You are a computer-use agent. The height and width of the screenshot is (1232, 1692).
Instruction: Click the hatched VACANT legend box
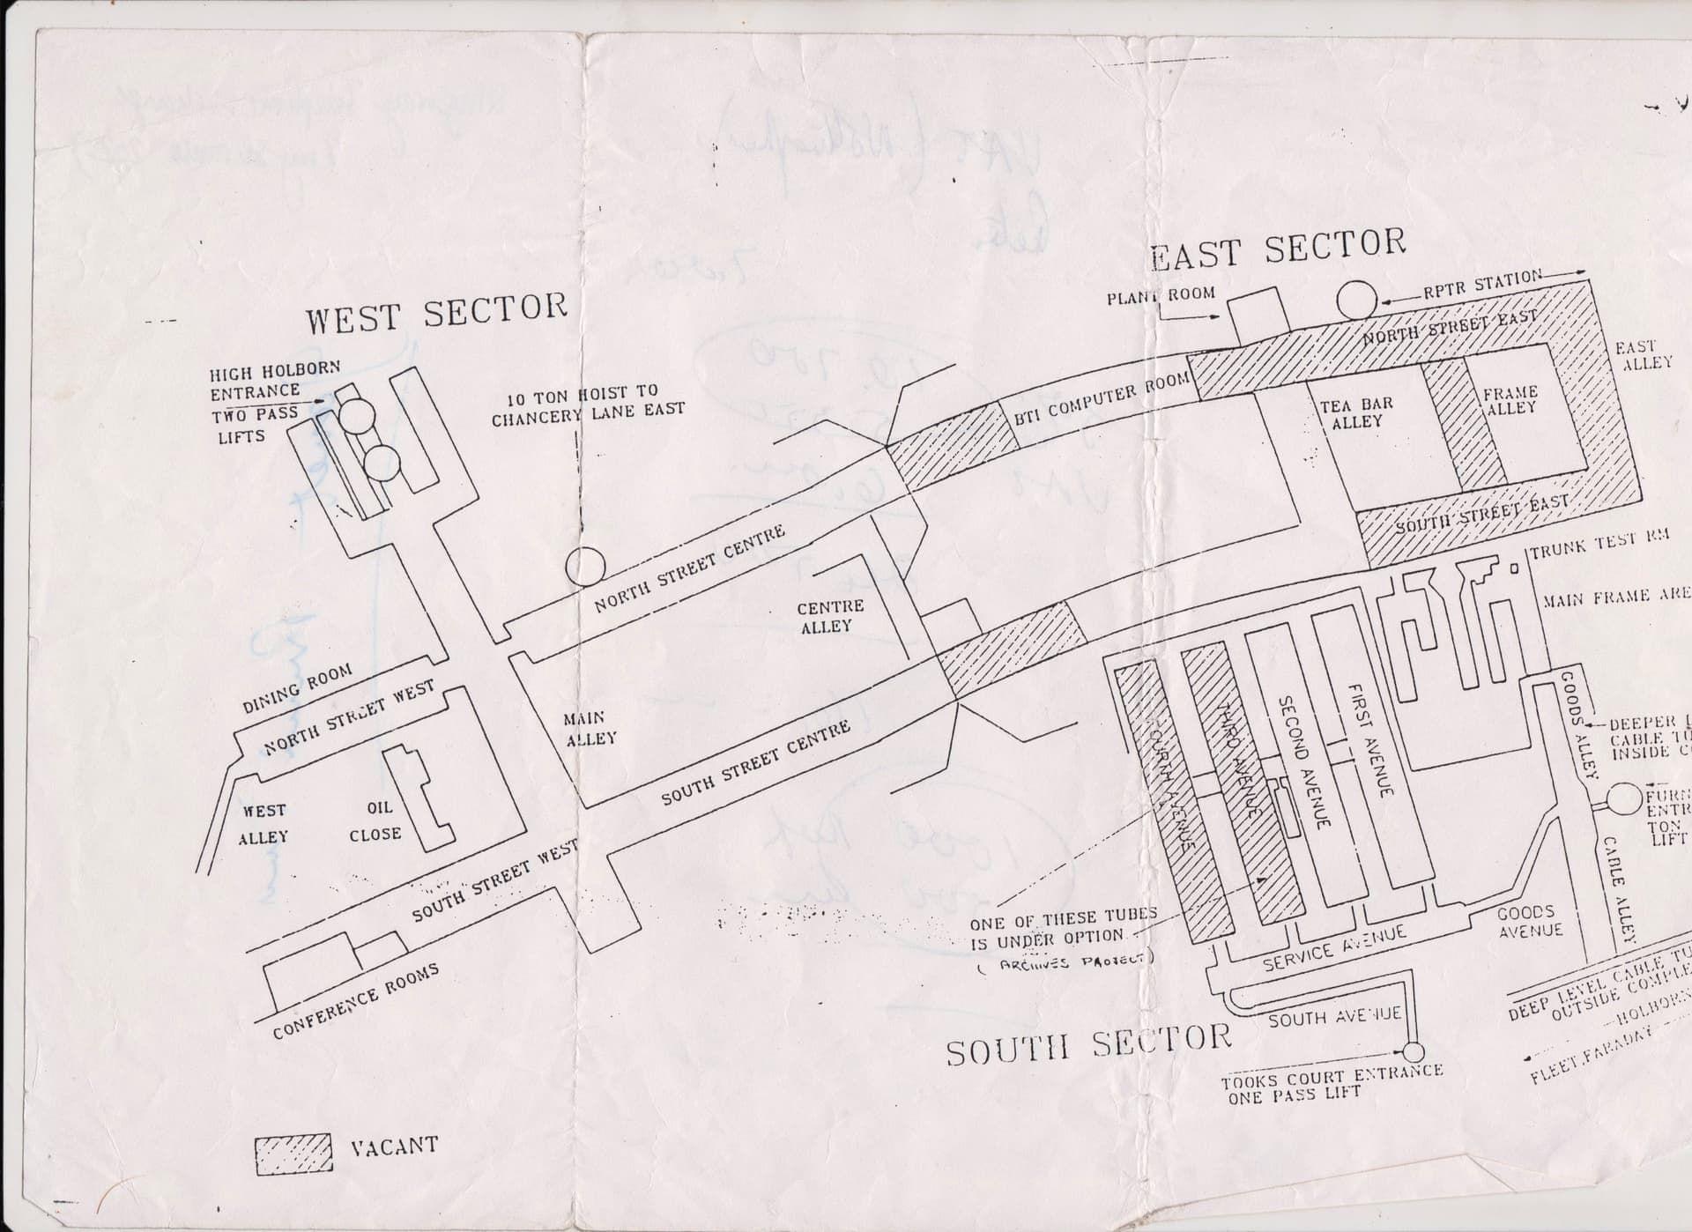pyautogui.click(x=293, y=1154)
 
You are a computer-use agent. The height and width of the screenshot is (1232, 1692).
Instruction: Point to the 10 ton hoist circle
pyautogui.click(x=585, y=566)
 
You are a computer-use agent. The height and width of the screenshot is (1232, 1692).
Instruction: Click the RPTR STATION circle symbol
pyautogui.click(x=1356, y=301)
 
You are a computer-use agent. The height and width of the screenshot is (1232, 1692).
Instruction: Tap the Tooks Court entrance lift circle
pyautogui.click(x=1413, y=1052)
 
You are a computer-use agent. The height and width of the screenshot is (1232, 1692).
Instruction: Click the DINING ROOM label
pyautogui.click(x=297, y=687)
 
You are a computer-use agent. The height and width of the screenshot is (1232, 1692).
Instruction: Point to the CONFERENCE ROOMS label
pyautogui.click(x=355, y=1002)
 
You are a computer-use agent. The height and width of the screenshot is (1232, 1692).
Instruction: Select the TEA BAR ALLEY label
pyautogui.click(x=1356, y=412)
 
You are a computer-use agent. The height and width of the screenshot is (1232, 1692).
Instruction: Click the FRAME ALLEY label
pyautogui.click(x=1510, y=399)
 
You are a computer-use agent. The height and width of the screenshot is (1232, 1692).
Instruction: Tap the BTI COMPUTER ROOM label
pyautogui.click(x=1102, y=401)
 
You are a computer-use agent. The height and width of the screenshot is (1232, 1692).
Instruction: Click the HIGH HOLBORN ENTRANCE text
pyautogui.click(x=274, y=379)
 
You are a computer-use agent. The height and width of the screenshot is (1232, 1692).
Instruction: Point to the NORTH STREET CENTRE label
pyautogui.click(x=689, y=569)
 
